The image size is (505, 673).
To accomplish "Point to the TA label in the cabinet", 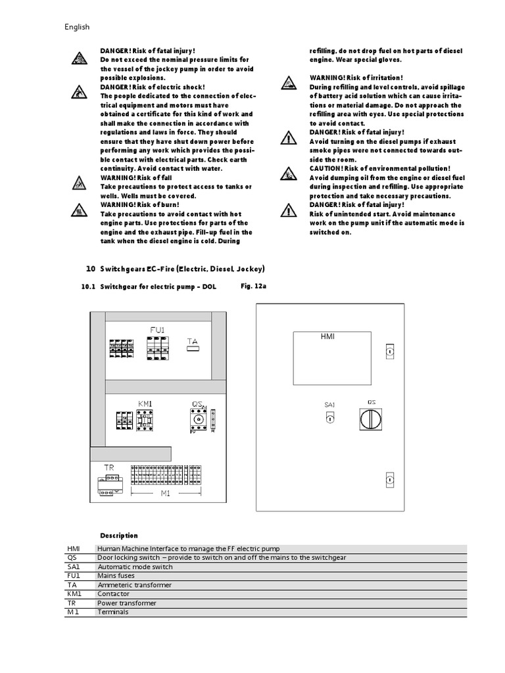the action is (x=192, y=341).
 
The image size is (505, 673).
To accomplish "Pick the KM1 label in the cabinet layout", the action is (x=145, y=403).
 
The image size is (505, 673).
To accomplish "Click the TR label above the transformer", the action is (x=109, y=467).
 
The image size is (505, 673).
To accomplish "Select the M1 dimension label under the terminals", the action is (x=165, y=493).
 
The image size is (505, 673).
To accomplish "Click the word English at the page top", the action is (x=77, y=27).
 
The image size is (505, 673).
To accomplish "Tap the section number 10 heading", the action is (x=91, y=269).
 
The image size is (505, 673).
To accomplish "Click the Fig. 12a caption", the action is (x=253, y=287).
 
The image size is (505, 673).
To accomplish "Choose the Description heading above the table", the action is (x=119, y=535).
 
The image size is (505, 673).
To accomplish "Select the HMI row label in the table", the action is (x=72, y=548).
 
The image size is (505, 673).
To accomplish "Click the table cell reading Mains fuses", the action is (x=116, y=576).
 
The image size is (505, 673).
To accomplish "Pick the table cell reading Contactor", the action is (x=114, y=594).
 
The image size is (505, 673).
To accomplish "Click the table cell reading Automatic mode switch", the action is (x=135, y=567).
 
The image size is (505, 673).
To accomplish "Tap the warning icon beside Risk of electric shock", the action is (x=78, y=93).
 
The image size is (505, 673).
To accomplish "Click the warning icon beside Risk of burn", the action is (x=78, y=212).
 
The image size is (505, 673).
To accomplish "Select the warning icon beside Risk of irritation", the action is (x=288, y=82).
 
